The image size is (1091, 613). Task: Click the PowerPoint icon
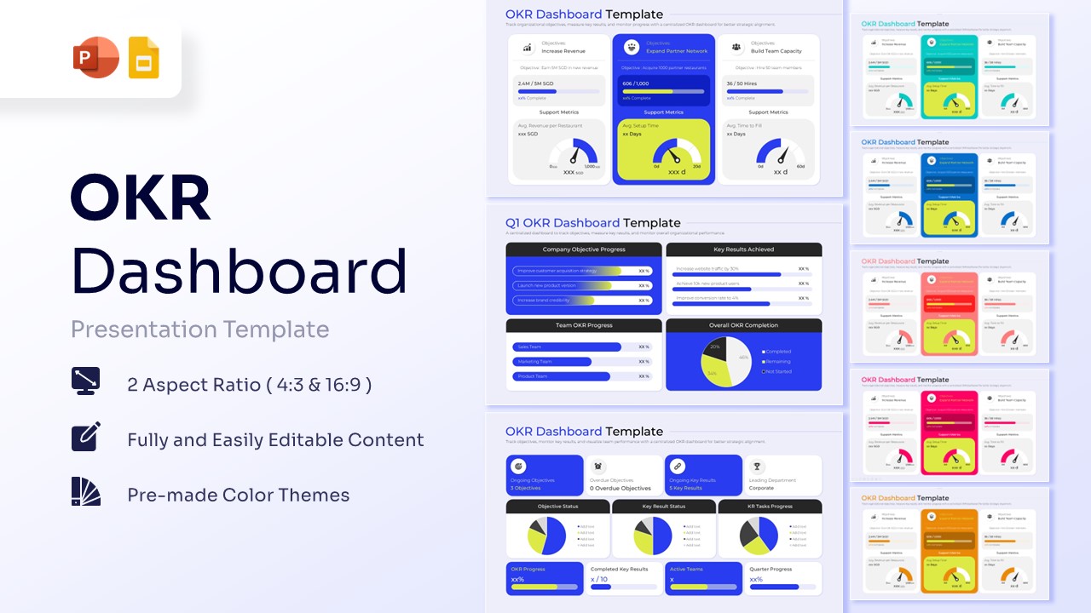95,58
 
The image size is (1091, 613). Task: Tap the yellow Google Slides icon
143,58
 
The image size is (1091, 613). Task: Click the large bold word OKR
141,198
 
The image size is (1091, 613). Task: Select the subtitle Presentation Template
199,329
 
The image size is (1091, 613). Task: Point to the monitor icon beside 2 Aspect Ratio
86,381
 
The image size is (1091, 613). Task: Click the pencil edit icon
86,436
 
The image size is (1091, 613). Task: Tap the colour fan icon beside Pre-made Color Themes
86,491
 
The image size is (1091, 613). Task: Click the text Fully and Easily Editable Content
275,440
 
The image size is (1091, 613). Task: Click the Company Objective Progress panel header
584,249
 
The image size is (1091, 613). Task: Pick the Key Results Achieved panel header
743,249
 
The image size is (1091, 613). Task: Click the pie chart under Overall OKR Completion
726,362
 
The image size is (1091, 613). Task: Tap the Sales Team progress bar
567,347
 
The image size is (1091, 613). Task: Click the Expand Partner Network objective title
677,51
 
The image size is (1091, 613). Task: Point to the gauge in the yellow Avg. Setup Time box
677,153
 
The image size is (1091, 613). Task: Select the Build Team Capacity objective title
776,51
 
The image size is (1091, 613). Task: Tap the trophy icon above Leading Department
756,467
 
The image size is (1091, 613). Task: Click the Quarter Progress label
771,569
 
